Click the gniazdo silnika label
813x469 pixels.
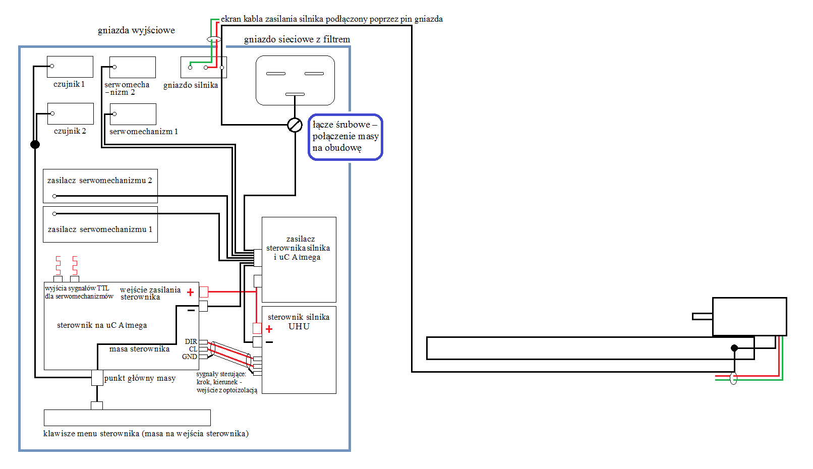[x=191, y=85]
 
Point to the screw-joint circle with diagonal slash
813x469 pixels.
[x=295, y=125]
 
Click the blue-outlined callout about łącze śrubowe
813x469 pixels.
[x=345, y=137]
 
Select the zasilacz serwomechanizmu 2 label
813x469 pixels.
[x=100, y=181]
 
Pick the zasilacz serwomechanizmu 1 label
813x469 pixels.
[x=100, y=229]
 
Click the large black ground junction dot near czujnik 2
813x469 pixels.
[x=35, y=144]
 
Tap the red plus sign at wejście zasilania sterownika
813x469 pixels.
[x=190, y=292]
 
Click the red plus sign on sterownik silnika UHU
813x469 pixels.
[x=269, y=329]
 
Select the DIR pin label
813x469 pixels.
[x=191, y=341]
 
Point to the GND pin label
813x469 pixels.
[x=190, y=357]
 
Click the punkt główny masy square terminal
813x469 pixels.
[x=97, y=378]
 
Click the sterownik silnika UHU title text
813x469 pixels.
[x=299, y=322]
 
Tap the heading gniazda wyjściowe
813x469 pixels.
[x=136, y=30]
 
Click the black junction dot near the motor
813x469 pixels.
[x=734, y=348]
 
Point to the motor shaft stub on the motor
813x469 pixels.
[x=703, y=317]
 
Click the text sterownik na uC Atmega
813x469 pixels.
[x=102, y=325]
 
